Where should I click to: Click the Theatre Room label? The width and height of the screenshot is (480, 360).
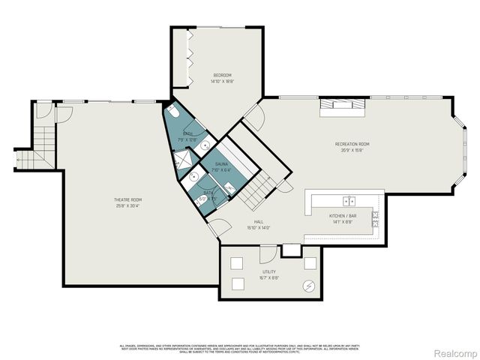point(124,199)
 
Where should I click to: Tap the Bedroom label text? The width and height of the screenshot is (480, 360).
point(221,75)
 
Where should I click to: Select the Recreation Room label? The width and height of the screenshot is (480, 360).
point(352,143)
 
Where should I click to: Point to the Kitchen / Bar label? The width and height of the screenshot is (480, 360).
point(341,215)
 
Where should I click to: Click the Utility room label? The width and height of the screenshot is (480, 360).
point(268,271)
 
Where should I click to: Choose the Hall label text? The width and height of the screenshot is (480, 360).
point(257,223)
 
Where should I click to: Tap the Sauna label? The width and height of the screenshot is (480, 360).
point(221,163)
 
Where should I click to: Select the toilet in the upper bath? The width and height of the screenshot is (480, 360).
point(173,113)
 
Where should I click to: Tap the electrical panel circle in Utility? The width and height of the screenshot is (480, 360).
point(308,285)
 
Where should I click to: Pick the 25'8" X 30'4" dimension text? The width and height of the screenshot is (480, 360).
point(124,205)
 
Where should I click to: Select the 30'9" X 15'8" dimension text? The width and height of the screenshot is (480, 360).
point(352,149)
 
